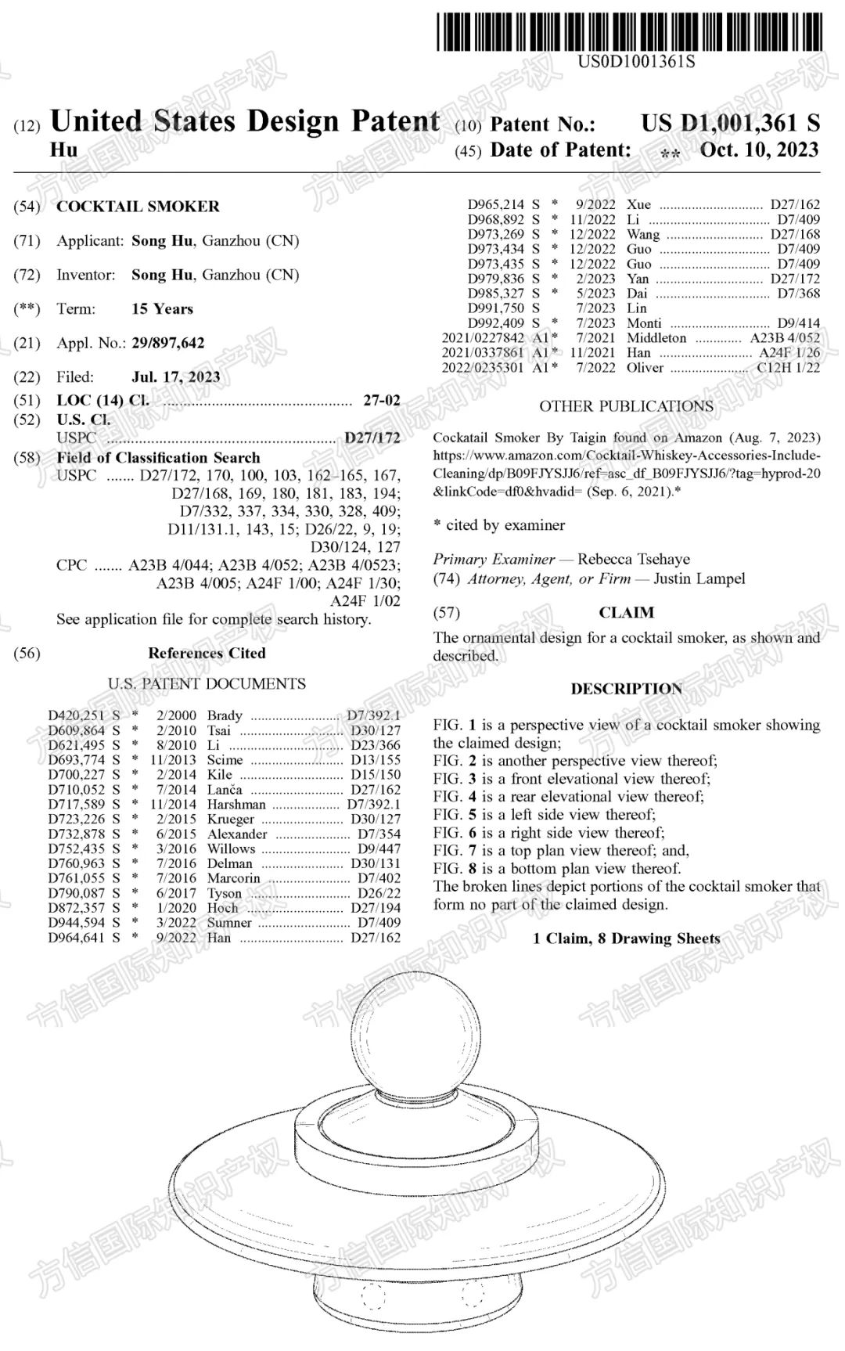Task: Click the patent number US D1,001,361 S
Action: pyautogui.click(x=730, y=124)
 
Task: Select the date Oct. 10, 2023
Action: pyautogui.click(x=759, y=150)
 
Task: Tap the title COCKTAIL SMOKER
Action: pyautogui.click(x=138, y=207)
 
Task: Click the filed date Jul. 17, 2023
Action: pyautogui.click(x=175, y=377)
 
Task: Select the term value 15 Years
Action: pyautogui.click(x=162, y=309)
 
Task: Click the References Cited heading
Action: pyautogui.click(x=207, y=653)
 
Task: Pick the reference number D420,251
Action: pyautogui.click(x=76, y=715)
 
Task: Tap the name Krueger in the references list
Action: pyautogui.click(x=230, y=819)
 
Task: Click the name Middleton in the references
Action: pyautogui.click(x=656, y=338)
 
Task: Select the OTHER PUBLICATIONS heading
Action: pyautogui.click(x=626, y=406)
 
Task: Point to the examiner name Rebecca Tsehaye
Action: pyautogui.click(x=634, y=560)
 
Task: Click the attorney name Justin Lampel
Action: pyautogui.click(x=699, y=579)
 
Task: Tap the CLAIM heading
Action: pyautogui.click(x=626, y=613)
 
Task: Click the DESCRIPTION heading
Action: pyautogui.click(x=626, y=689)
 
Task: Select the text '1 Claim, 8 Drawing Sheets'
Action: pyautogui.click(x=626, y=938)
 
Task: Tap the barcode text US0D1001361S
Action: pyautogui.click(x=636, y=61)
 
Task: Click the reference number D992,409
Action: pyautogui.click(x=496, y=323)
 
